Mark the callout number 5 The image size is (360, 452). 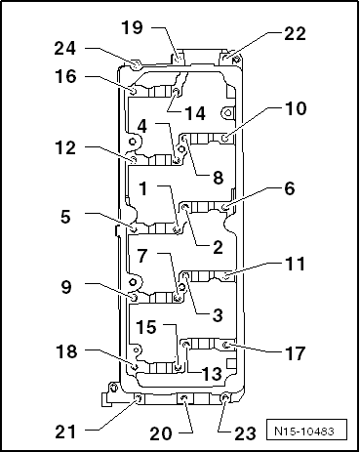66,219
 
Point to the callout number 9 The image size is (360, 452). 66,288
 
